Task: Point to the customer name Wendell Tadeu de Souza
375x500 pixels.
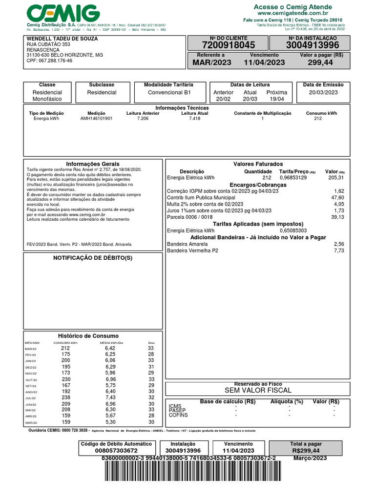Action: tap(62, 39)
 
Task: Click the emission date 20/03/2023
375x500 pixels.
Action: tap(323, 92)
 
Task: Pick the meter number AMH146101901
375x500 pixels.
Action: tap(96, 118)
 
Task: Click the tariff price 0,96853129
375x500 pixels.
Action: tap(293, 178)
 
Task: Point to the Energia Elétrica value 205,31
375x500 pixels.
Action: tap(336, 178)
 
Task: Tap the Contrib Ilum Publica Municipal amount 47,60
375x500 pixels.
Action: tap(338, 198)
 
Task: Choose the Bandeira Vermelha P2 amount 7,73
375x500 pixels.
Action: tap(339, 250)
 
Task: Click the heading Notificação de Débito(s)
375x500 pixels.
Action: tap(93, 258)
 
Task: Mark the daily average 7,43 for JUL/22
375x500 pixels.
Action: tap(110, 398)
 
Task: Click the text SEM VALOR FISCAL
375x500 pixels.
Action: tap(258, 391)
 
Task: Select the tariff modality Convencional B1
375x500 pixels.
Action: tap(169, 92)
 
